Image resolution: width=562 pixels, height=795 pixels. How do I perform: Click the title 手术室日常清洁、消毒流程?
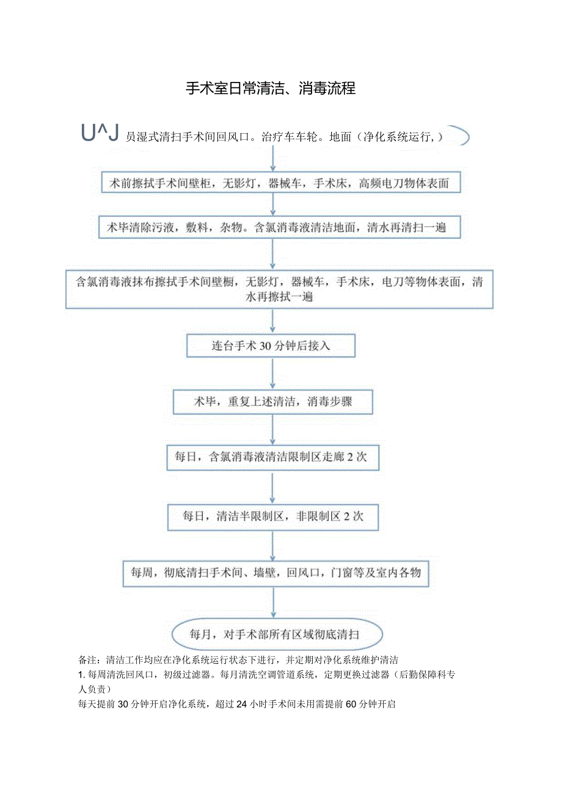click(271, 89)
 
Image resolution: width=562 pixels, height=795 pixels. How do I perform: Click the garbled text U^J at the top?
click(98, 133)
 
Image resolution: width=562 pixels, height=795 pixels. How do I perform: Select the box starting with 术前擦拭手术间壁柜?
click(280, 182)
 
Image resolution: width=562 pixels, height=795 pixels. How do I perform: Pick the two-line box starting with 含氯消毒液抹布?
click(280, 290)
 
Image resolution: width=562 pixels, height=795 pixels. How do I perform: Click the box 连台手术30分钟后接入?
click(271, 346)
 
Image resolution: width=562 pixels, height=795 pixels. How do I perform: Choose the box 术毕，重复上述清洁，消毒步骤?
click(272, 401)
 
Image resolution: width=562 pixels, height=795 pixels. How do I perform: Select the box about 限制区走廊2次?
click(272, 456)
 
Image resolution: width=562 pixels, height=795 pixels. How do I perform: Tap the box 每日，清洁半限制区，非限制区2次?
click(273, 516)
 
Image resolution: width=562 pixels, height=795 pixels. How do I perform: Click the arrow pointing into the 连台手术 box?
click(273, 321)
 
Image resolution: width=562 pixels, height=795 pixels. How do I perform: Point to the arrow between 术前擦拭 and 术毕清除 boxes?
click(273, 205)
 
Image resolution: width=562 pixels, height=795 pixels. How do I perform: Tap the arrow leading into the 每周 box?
click(273, 545)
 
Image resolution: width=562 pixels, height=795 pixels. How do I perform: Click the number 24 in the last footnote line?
click(241, 704)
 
